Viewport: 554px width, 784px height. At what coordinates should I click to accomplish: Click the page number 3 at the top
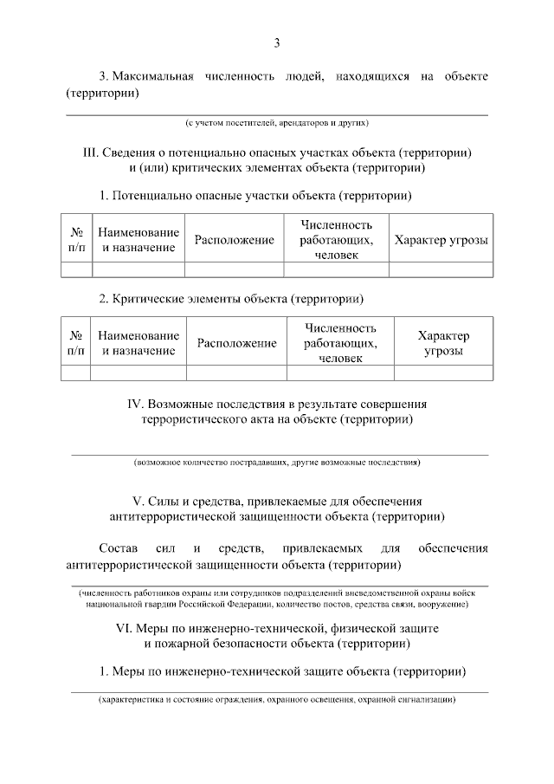point(277,42)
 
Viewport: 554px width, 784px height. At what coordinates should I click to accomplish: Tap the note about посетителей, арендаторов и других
point(277,123)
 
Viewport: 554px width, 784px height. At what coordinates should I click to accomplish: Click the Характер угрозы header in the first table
point(441,240)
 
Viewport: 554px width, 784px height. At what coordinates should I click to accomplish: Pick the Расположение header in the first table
point(234,240)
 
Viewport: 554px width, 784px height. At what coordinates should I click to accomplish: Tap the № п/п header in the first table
point(76,240)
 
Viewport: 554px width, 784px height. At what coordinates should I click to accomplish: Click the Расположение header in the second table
point(237,343)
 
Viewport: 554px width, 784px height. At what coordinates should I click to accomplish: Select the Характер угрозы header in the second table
point(443,343)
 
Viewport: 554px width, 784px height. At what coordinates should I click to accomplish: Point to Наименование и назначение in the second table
point(138,343)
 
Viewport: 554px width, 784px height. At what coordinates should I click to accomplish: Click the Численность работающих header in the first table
point(336,240)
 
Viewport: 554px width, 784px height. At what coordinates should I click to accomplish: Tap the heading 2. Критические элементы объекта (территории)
point(231,300)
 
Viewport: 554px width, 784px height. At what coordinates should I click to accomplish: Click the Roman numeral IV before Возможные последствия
point(134,404)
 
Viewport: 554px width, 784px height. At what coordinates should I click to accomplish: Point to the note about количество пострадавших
point(277,463)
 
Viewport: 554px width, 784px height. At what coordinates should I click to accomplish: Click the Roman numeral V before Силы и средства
point(136,502)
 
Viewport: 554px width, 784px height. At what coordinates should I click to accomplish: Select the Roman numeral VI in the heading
point(126,627)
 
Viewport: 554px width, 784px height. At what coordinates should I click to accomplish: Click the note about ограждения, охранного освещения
point(277,699)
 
